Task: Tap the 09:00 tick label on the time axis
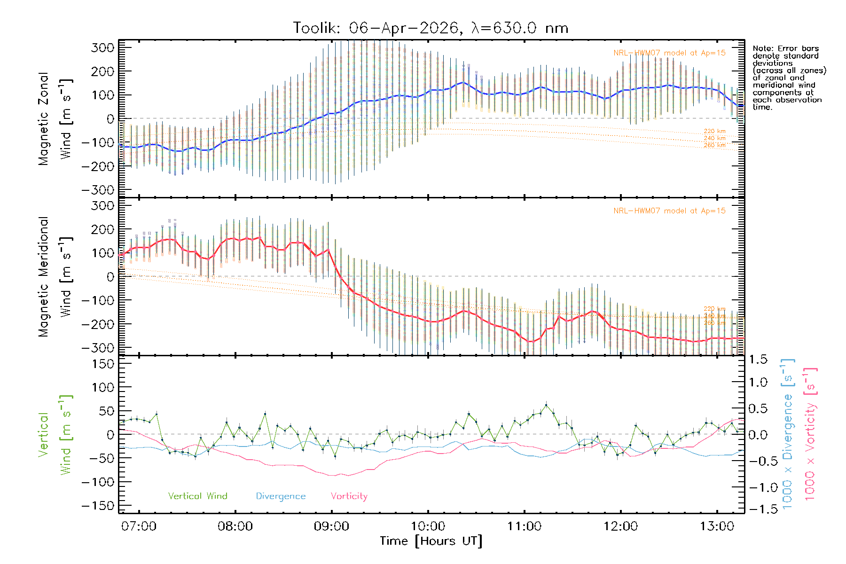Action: click(x=331, y=526)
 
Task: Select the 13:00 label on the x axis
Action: click(x=717, y=526)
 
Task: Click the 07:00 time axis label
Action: click(x=139, y=526)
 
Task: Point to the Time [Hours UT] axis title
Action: click(x=431, y=541)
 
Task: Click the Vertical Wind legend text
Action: click(x=197, y=496)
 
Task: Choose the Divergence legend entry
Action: click(x=281, y=496)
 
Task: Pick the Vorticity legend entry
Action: click(x=349, y=496)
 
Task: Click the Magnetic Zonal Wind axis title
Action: click(x=55, y=119)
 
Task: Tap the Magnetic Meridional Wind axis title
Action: click(x=55, y=277)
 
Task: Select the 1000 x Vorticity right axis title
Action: click(x=810, y=434)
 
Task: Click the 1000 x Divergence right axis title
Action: click(x=788, y=434)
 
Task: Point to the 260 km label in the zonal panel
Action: click(x=714, y=145)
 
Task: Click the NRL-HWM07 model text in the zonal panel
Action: click(x=669, y=53)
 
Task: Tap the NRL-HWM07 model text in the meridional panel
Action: click(x=669, y=211)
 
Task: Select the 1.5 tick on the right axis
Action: click(x=758, y=360)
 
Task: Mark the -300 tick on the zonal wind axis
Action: click(x=98, y=190)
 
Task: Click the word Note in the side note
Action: click(x=762, y=48)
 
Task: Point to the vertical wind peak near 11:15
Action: click(x=546, y=405)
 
